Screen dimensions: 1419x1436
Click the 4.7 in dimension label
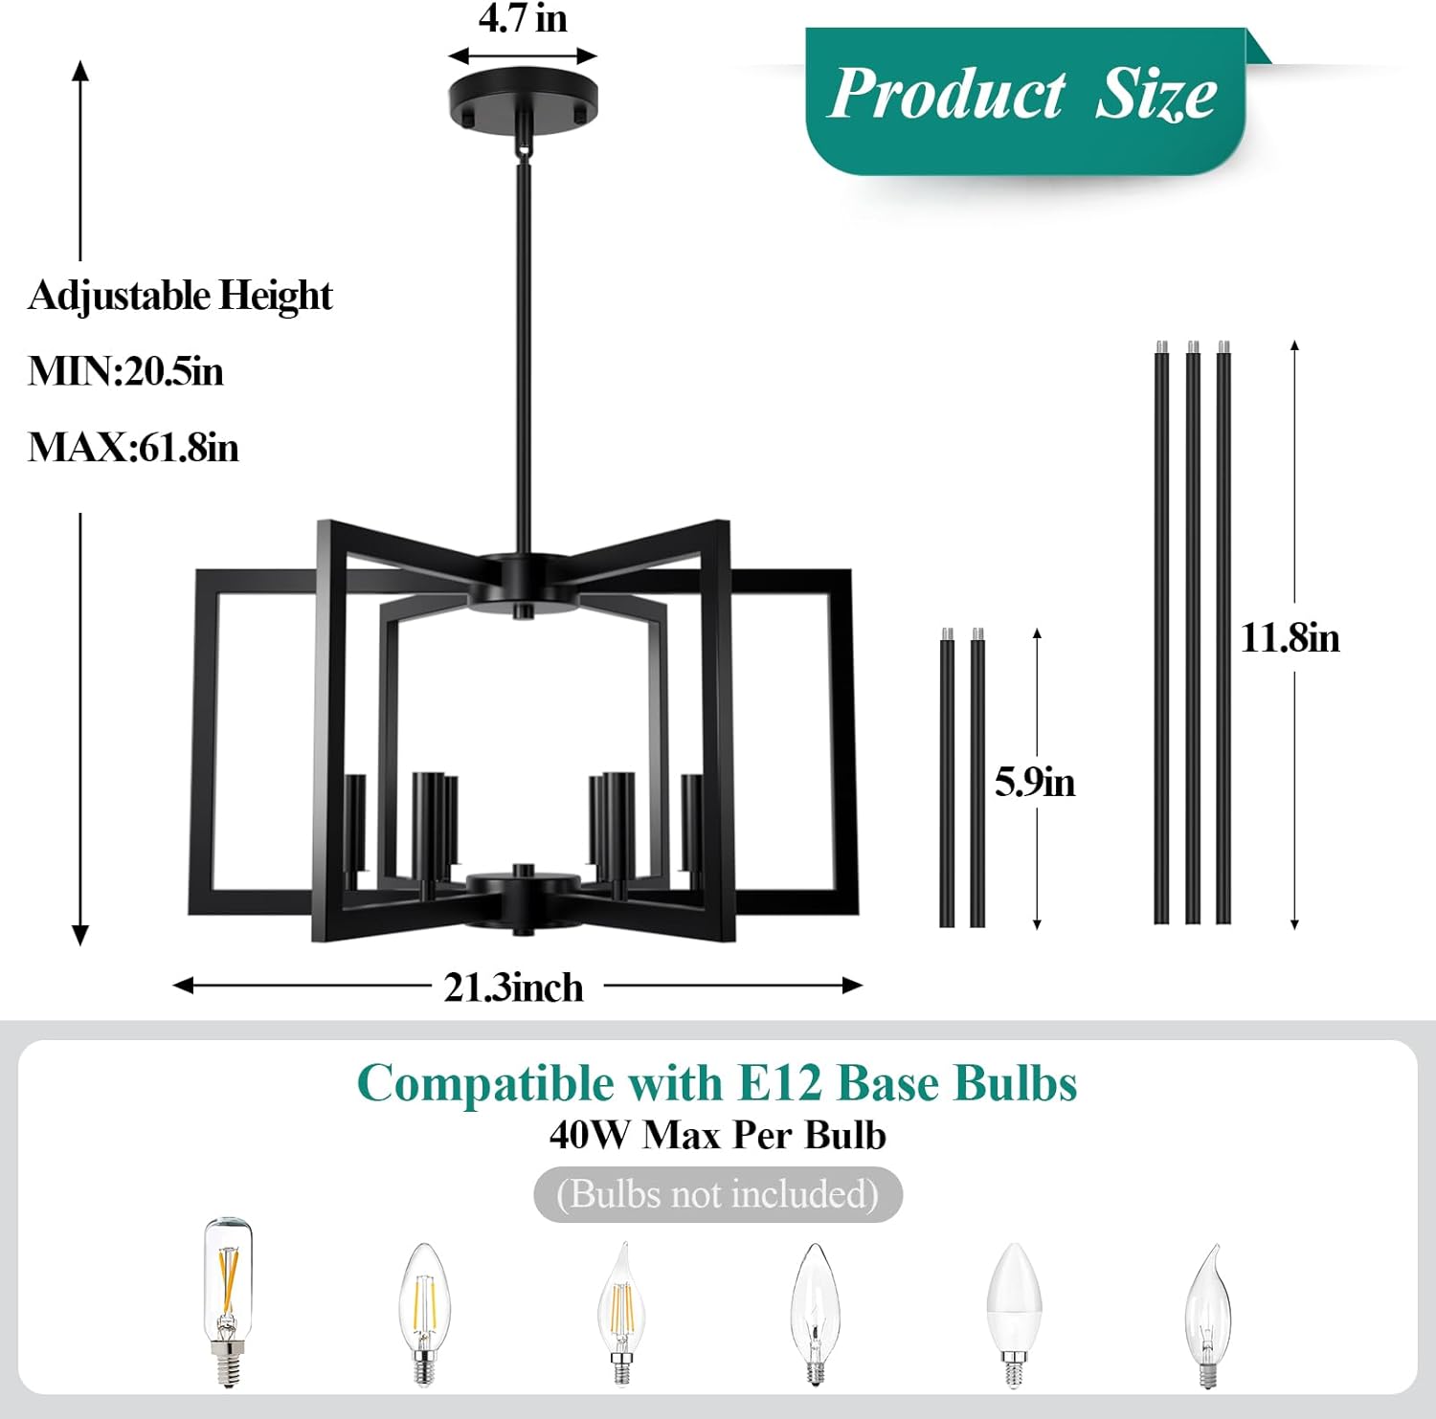click(x=523, y=19)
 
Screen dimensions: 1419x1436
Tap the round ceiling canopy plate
click(x=523, y=97)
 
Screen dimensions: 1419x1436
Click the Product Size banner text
click(x=1021, y=95)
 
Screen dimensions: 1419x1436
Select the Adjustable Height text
click(x=180, y=296)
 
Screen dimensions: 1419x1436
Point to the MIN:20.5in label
click(x=125, y=371)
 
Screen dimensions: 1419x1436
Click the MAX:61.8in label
click(x=133, y=448)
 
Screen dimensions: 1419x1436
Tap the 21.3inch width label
click(x=513, y=987)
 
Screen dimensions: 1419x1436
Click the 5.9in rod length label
click(x=1034, y=783)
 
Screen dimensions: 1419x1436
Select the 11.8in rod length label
click(x=1290, y=638)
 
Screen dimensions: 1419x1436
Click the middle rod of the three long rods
click(x=1192, y=632)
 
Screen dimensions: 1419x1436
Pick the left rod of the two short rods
click(x=947, y=780)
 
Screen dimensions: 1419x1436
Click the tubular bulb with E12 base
click(x=228, y=1301)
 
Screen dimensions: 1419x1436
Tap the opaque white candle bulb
click(x=1014, y=1313)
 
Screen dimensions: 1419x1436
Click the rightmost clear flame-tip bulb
click(x=1208, y=1315)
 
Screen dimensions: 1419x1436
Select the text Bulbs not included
click(x=717, y=1194)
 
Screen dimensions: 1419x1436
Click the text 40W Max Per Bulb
click(x=717, y=1136)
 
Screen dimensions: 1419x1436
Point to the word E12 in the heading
click(x=779, y=1084)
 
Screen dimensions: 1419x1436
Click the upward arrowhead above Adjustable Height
click(x=80, y=70)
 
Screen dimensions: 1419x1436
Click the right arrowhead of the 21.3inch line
click(x=853, y=986)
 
